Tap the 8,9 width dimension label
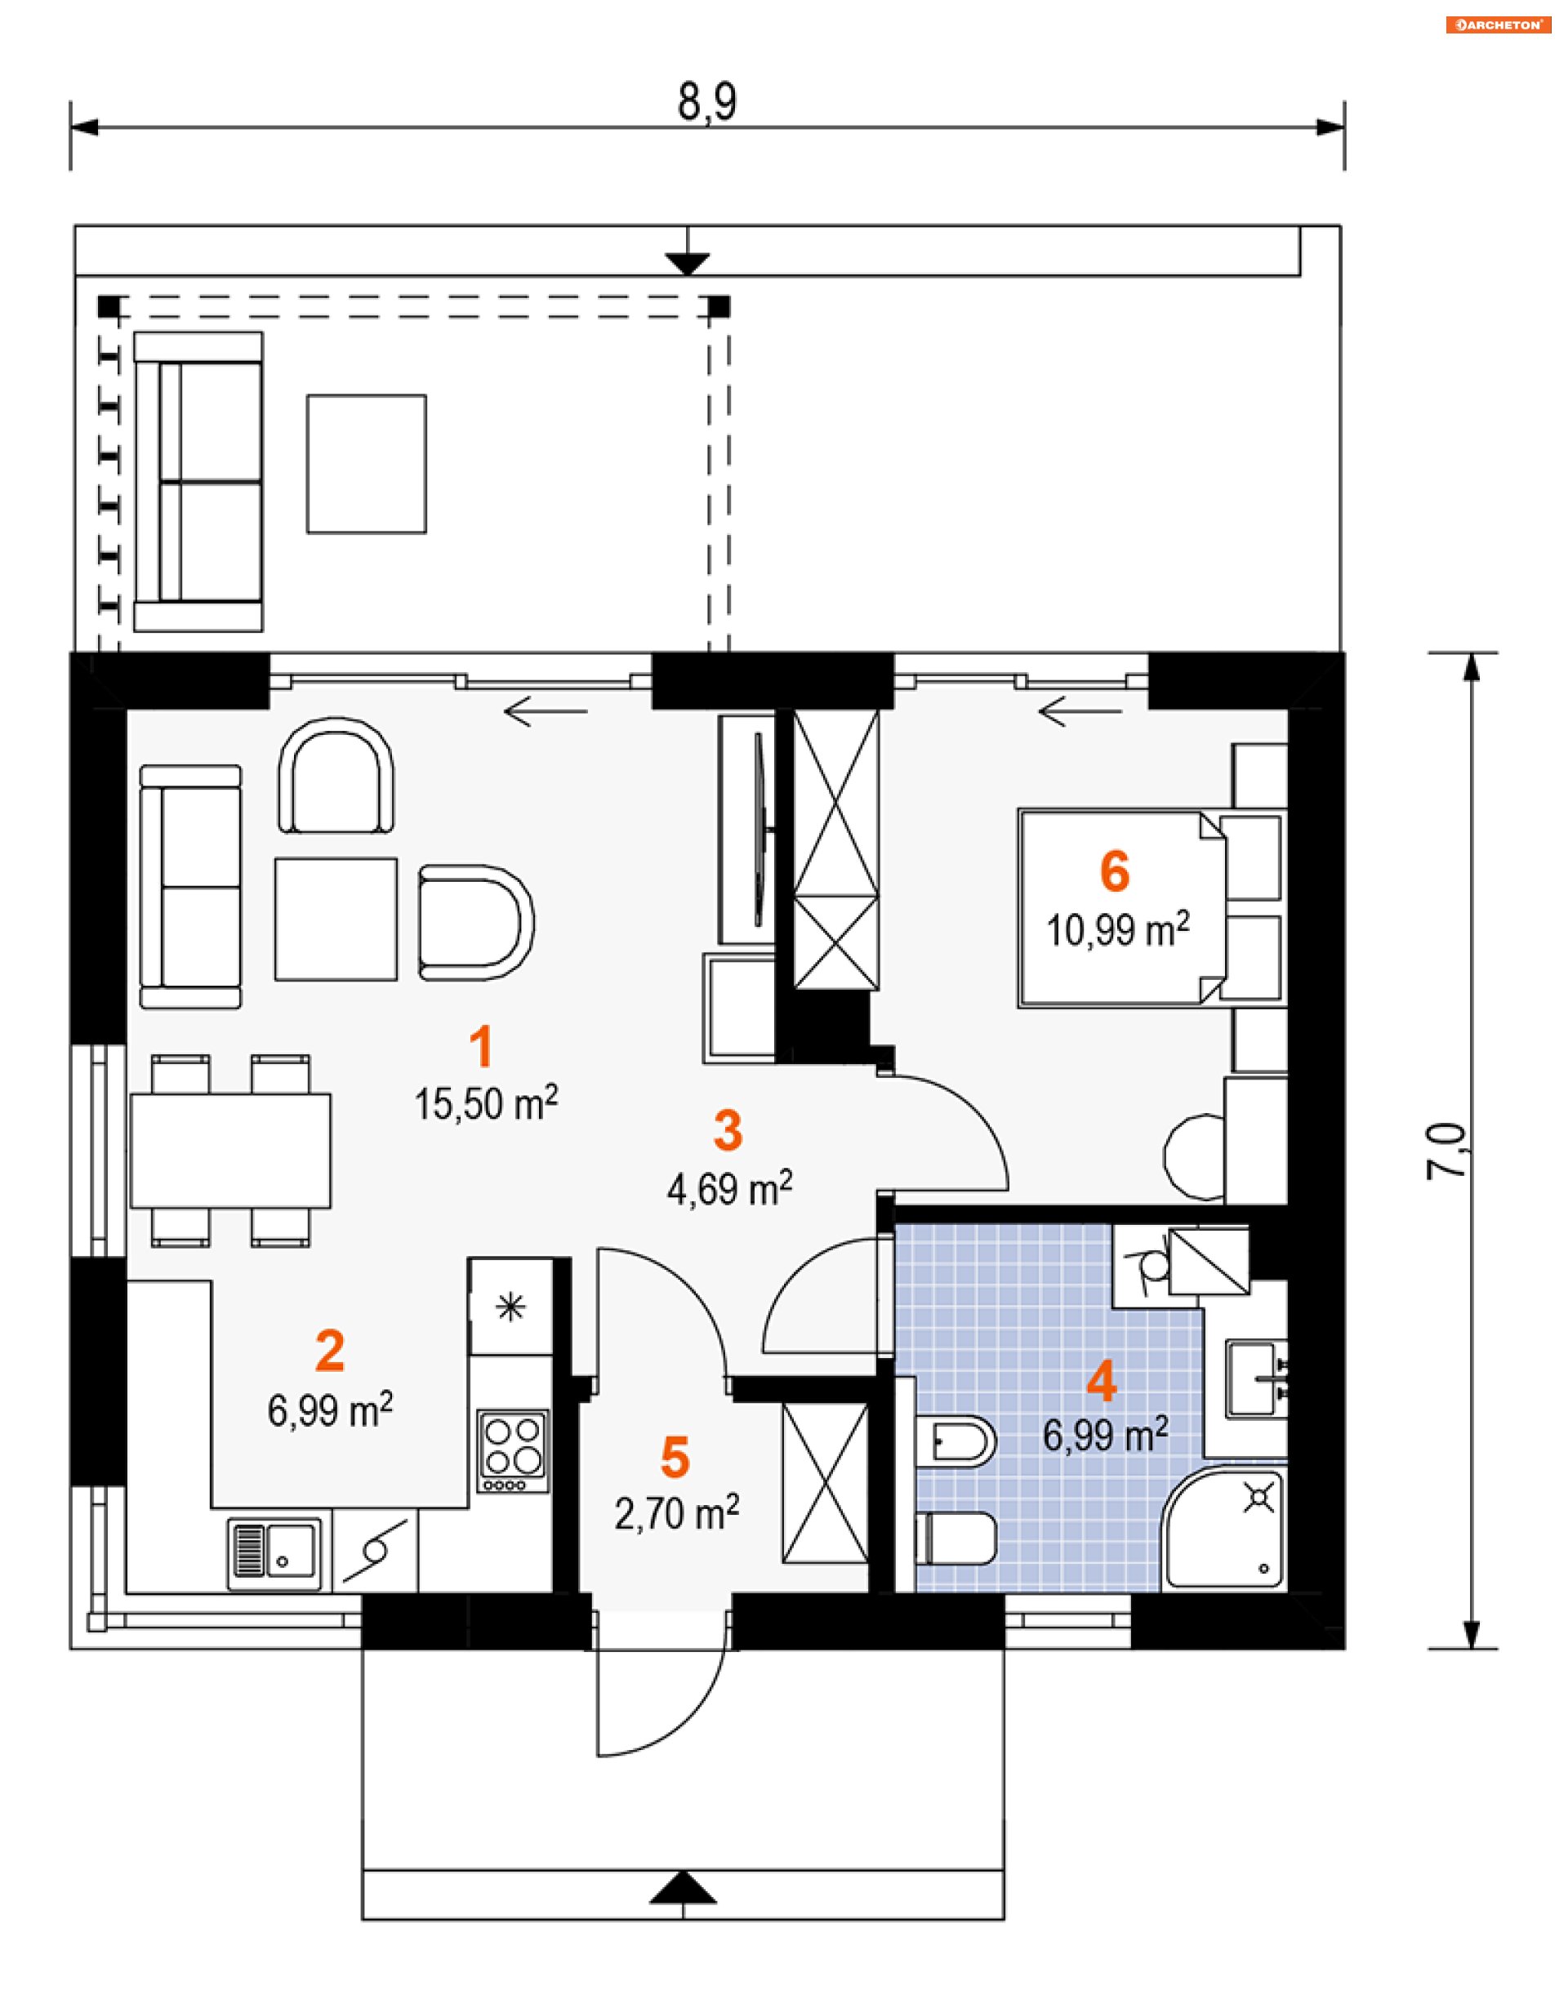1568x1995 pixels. (707, 102)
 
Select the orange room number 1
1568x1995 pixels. (481, 1047)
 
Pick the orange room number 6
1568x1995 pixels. (1115, 871)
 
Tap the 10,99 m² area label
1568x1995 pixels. (1118, 929)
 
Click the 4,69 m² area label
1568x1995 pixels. (730, 1188)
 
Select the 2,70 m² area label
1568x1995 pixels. (676, 1513)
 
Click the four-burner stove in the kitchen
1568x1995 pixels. (513, 1451)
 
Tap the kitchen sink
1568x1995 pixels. (274, 1553)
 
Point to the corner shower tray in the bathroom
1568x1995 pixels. (1225, 1531)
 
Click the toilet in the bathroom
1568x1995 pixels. (955, 1539)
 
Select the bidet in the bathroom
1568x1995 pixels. (955, 1441)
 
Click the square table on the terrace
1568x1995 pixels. (367, 464)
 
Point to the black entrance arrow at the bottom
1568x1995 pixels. (683, 1886)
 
